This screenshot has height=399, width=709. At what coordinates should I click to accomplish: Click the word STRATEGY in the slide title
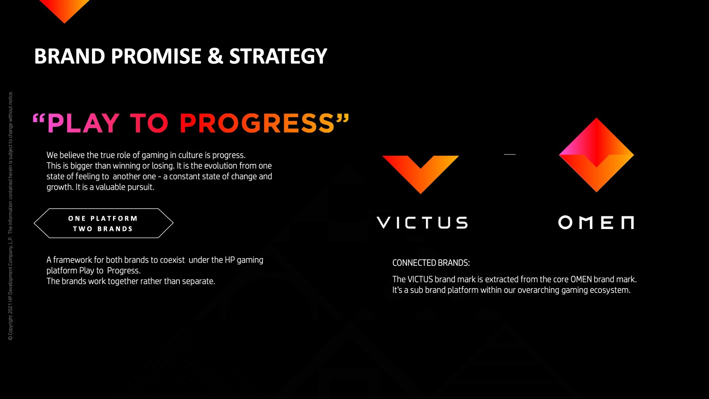point(278,57)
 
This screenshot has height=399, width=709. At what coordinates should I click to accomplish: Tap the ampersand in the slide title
point(215,56)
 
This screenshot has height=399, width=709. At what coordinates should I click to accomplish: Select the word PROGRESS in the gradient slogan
point(257,123)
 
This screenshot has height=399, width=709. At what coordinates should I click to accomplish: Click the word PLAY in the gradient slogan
point(83,123)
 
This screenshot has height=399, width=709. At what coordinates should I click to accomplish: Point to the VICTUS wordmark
point(422,223)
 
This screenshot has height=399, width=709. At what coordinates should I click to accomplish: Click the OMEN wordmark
point(596,222)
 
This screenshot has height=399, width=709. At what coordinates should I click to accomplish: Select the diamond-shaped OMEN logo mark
point(596,155)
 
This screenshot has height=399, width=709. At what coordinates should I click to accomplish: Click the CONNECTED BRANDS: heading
point(431,263)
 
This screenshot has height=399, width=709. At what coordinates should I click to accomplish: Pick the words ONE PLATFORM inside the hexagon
point(103,219)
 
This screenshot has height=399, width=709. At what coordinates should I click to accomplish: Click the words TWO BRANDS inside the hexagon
point(103,229)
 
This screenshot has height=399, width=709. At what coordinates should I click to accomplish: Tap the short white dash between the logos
point(510,154)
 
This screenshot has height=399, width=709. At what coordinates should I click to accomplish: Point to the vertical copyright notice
point(10,216)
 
